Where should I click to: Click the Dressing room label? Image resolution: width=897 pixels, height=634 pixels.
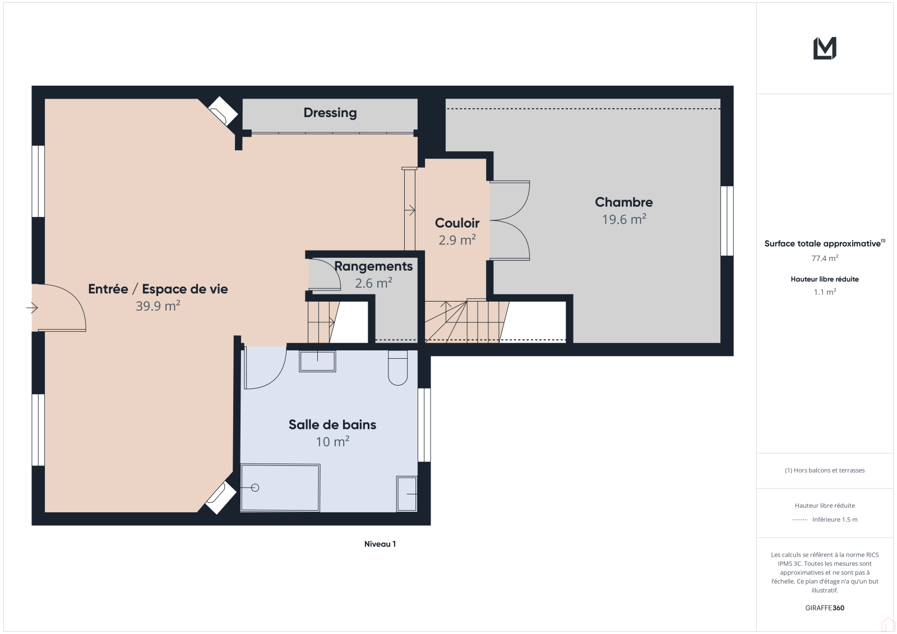point(330,113)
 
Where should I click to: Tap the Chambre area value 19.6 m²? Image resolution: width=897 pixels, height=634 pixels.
point(624,219)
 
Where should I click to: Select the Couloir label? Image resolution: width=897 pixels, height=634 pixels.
point(457,223)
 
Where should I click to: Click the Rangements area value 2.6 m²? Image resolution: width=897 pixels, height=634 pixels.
point(373,283)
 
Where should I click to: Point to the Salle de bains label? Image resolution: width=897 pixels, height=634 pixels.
point(332,424)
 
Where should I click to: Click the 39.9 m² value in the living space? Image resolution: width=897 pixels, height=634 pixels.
point(158,306)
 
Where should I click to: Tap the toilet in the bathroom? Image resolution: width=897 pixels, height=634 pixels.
point(397,368)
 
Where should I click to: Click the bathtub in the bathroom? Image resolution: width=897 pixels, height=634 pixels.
point(280,488)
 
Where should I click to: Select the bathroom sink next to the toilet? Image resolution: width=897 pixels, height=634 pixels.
point(317,361)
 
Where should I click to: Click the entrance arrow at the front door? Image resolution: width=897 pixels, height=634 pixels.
point(32,308)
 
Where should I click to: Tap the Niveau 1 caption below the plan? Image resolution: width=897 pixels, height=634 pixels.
point(380,544)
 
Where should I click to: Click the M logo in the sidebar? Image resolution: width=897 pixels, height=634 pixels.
point(825,48)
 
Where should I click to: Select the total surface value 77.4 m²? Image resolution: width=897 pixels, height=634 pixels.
point(825,258)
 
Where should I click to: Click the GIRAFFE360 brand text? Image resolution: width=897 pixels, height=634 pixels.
point(825,608)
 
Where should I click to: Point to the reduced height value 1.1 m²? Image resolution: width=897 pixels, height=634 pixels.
point(825,292)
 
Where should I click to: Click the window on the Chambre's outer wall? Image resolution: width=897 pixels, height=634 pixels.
point(727,221)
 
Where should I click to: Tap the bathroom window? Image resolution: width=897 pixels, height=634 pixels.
point(424,425)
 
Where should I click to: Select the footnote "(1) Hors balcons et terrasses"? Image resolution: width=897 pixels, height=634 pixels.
point(825,470)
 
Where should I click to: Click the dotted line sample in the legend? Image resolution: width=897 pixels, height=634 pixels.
point(799,520)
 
